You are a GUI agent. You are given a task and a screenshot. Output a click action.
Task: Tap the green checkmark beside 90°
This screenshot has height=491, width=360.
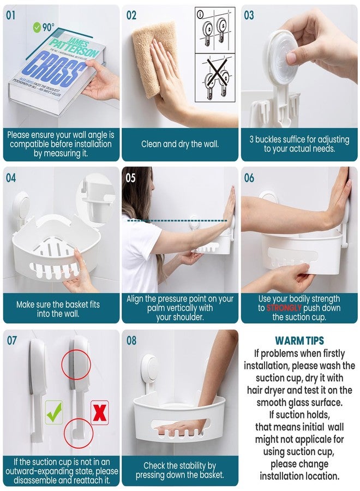coord(38,26)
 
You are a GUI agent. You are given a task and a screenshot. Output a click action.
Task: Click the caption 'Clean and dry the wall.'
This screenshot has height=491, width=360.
coord(179,145)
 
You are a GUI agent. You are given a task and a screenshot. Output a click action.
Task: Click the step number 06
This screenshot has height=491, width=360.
coord(249,177)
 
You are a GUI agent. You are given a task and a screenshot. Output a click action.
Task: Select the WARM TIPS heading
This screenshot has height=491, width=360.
coord(299,341)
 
